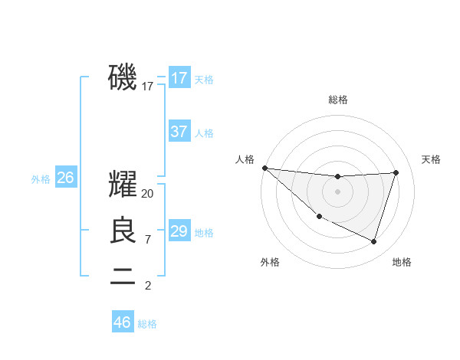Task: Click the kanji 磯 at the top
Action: pos(123,77)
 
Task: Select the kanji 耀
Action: pos(123,185)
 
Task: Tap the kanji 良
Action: pos(123,231)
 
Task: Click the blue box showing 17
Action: pos(179,78)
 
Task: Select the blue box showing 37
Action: pos(179,132)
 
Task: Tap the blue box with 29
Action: pos(179,231)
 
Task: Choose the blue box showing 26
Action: pos(65,178)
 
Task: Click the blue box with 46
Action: pos(122,322)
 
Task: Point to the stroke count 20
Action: pos(148,194)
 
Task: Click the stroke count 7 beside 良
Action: pos(148,240)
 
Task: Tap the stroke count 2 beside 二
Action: pos(148,286)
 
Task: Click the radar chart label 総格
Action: pos(337,100)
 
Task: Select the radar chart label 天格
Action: pos(431,159)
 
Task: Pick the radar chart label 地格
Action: pos(402,262)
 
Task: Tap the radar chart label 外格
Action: pos(270,262)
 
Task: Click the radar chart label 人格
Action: pos(245,159)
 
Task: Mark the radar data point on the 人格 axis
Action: pos(264,168)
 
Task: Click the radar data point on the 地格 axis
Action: pos(373,241)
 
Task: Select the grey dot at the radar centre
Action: pos(337,191)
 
